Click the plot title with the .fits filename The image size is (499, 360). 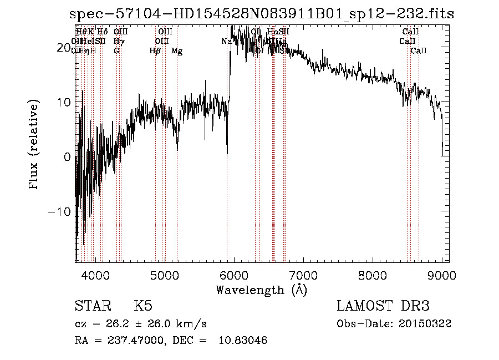pyautogui.click(x=259, y=13)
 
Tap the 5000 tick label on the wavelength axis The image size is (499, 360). pyautogui.click(x=165, y=276)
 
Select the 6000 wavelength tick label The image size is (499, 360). pyautogui.click(x=234, y=276)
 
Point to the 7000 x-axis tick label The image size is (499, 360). pyautogui.click(x=303, y=276)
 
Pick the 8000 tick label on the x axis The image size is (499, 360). pyautogui.click(x=373, y=276)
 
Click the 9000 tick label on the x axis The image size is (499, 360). pyautogui.click(x=441, y=276)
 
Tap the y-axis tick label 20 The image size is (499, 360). pyautogui.click(x=64, y=48)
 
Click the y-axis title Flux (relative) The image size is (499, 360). pyautogui.click(x=34, y=145)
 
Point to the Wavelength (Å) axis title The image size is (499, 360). pyautogui.click(x=261, y=290)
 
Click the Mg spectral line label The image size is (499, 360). pyautogui.click(x=177, y=51)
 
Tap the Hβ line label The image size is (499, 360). pyautogui.click(x=155, y=51)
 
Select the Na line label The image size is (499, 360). pyautogui.click(x=226, y=41)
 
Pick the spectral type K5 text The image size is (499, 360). pyautogui.click(x=143, y=306)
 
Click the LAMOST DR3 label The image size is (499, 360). pyautogui.click(x=383, y=306)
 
